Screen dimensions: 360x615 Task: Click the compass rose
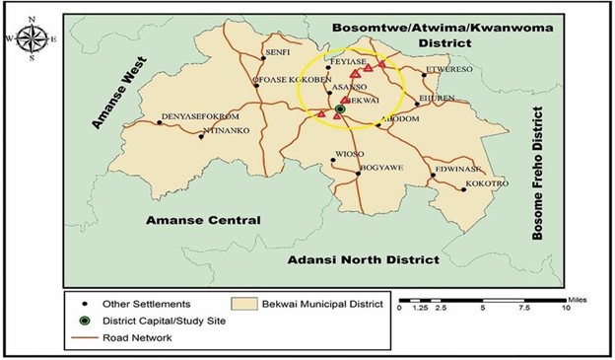(30, 37)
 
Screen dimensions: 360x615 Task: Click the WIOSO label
(350, 154)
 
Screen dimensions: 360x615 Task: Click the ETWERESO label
(448, 69)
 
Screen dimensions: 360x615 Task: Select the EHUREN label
(438, 98)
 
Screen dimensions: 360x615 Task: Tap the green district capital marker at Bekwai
(340, 109)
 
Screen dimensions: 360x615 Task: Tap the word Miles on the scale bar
(570, 297)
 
